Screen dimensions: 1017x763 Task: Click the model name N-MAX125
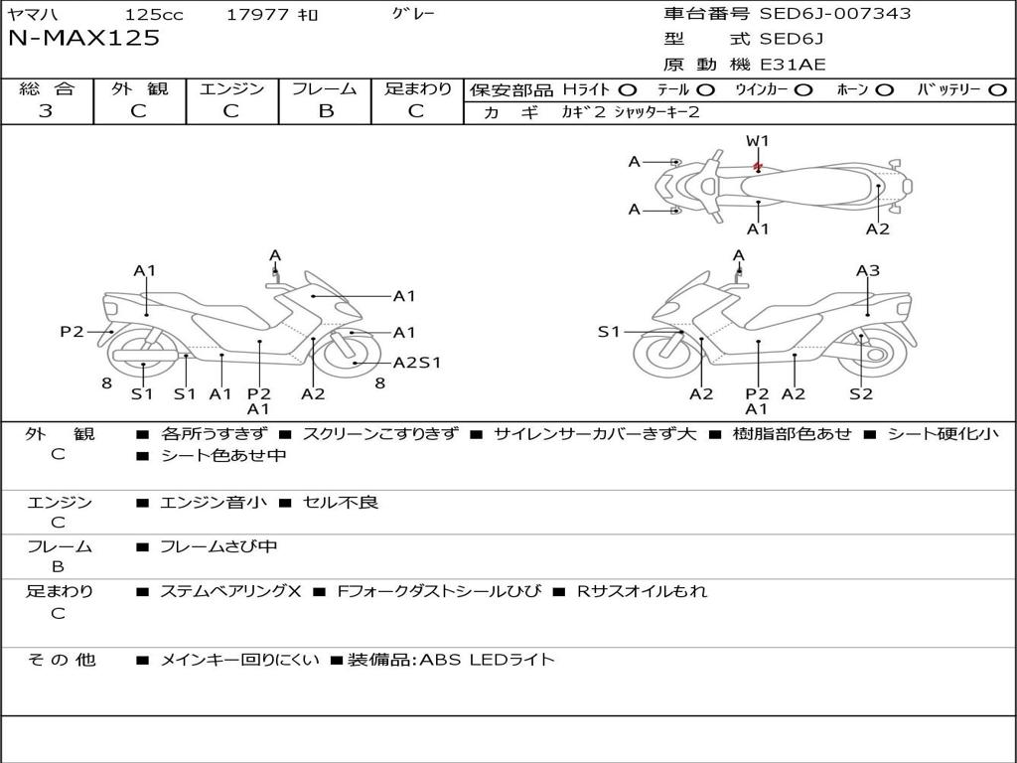coord(83,38)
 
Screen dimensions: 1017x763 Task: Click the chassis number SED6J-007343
coord(834,13)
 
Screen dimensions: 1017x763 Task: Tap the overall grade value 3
coord(46,110)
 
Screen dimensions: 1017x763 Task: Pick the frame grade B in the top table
coord(326,111)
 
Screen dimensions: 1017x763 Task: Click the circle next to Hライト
coord(628,90)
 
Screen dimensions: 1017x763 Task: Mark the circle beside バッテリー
coord(997,90)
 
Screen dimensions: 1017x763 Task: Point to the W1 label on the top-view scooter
coord(757,141)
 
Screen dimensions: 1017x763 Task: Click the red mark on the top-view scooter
coord(757,167)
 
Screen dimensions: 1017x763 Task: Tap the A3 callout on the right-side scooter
coord(868,270)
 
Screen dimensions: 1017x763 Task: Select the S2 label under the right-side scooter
coord(861,393)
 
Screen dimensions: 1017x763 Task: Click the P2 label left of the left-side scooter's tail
coord(72,332)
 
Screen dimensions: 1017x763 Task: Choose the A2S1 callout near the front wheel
coord(417,363)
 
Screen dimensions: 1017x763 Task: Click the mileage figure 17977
coord(256,14)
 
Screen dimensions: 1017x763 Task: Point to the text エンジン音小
coord(213,502)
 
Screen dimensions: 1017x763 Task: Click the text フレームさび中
coord(218,546)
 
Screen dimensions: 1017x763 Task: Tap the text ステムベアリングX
coord(230,591)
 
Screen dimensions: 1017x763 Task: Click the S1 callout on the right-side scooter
coord(609,332)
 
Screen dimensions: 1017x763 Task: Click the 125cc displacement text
coord(154,14)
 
